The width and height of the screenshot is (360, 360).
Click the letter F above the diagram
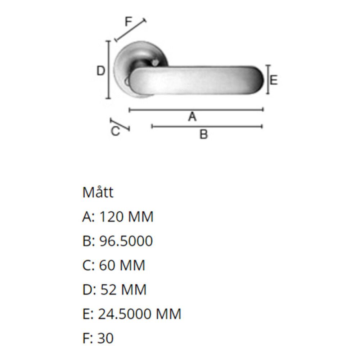click(129, 22)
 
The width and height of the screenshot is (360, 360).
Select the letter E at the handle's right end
click(274, 80)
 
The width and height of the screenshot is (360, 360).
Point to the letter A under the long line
click(192, 117)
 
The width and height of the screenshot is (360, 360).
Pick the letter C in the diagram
click(115, 131)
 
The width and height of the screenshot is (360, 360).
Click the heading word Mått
click(98, 192)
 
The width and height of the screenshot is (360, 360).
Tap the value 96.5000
click(126, 241)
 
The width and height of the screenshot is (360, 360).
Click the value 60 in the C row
click(106, 265)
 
